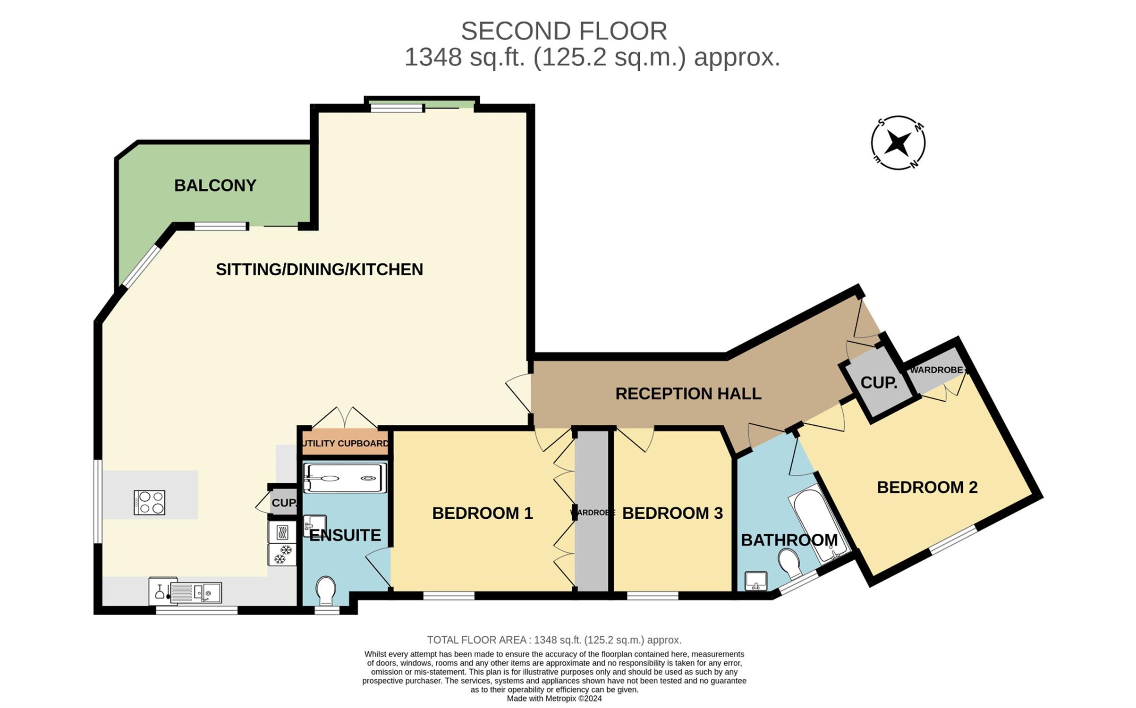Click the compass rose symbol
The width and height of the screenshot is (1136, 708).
pos(898,143)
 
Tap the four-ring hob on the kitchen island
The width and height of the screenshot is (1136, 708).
pos(149,502)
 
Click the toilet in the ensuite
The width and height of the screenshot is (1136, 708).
pos(326,590)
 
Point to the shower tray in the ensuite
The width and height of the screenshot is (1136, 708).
pos(345,478)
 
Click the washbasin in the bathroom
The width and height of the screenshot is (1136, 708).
pos(756,581)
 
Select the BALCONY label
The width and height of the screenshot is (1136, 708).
pos(215,185)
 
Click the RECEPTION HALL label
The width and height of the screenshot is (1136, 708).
pos(688,394)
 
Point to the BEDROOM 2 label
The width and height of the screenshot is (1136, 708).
pos(927,487)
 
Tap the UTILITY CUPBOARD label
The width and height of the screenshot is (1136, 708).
pos(345,443)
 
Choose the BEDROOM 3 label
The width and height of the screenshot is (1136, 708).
pos(672,513)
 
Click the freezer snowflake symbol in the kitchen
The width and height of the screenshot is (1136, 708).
pos(282,555)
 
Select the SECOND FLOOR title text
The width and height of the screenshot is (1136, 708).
pos(564,31)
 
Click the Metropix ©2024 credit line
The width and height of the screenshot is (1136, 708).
pos(554,699)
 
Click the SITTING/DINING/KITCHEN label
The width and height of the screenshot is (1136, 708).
pos(319,270)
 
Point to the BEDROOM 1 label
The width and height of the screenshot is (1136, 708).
pos(483,513)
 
